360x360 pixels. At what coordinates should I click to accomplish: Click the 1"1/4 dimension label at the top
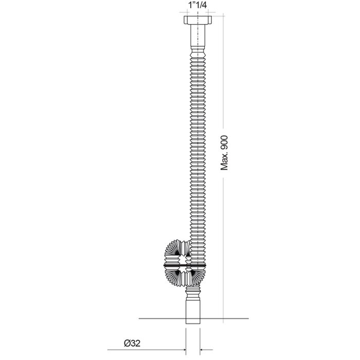point(197,5)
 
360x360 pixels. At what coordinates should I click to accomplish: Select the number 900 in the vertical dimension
point(224,142)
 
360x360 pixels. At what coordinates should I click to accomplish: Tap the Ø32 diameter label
point(132,344)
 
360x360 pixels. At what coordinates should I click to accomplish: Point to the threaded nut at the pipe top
point(197,20)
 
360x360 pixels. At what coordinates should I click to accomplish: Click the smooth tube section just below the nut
point(197,35)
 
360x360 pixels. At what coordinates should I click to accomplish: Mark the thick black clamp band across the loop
point(185,265)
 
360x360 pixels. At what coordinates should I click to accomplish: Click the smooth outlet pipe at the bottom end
point(193,311)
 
